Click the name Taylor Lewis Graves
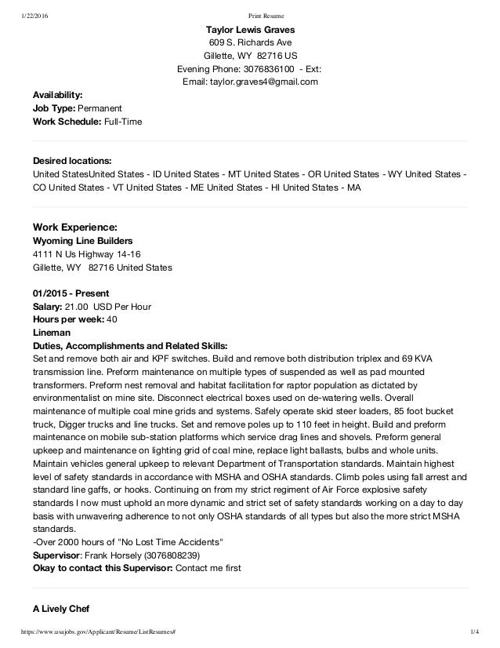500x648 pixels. [250, 30]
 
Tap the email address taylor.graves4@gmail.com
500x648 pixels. [269, 82]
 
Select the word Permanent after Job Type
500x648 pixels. [105, 108]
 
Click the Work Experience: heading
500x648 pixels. [75, 226]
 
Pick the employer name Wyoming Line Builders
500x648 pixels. [82, 240]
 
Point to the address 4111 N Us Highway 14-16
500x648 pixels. [87, 254]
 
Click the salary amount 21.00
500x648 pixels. [77, 306]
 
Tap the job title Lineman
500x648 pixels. [50, 332]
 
